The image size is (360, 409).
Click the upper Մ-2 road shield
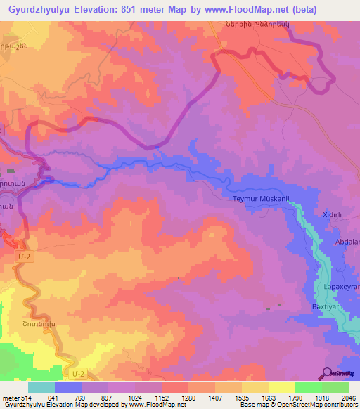(x=24, y=258)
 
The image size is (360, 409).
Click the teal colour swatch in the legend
(x=41, y=387)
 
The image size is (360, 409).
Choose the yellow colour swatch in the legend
(x=282, y=387)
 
